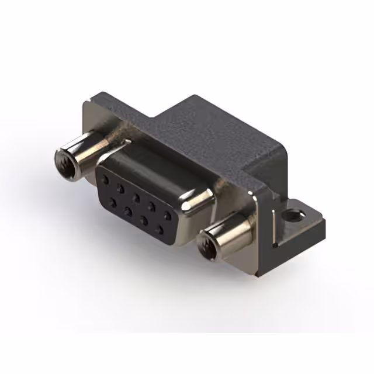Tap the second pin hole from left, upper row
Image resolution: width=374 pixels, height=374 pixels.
click(120, 189)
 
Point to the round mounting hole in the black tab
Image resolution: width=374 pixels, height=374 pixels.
click(293, 216)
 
